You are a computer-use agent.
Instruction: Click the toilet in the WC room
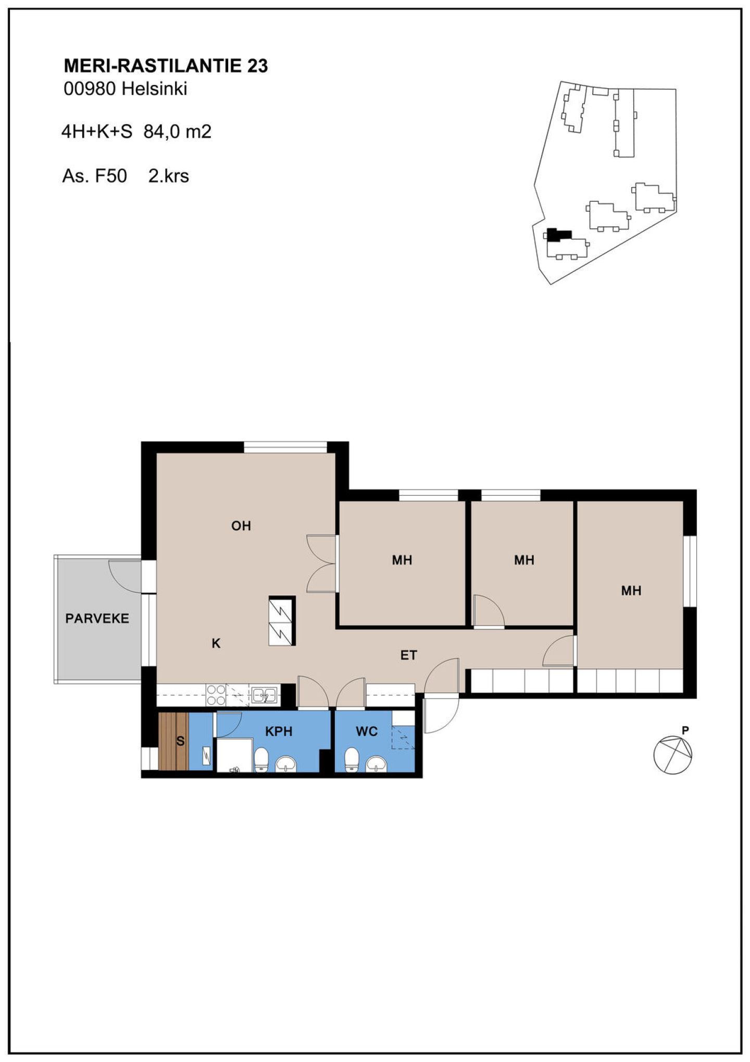352,759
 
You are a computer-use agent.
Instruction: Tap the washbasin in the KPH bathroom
285,764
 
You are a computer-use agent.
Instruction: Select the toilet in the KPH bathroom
261,760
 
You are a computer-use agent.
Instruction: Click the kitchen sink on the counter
264,695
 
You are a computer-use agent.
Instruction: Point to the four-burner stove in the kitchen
216,695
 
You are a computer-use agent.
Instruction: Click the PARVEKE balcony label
97,618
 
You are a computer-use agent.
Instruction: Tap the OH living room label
241,526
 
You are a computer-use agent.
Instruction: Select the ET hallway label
409,655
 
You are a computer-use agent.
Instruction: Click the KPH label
279,731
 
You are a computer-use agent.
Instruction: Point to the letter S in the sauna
181,741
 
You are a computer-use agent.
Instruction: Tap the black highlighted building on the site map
558,235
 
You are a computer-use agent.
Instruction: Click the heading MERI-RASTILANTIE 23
166,66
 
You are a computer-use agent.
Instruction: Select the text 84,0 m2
178,132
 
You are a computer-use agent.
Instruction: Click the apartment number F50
110,176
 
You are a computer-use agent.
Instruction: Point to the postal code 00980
90,89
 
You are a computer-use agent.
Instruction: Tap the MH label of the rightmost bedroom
631,591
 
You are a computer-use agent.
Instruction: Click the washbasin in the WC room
377,764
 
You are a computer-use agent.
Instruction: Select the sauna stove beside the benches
207,754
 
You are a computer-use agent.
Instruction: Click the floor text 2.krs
169,176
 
